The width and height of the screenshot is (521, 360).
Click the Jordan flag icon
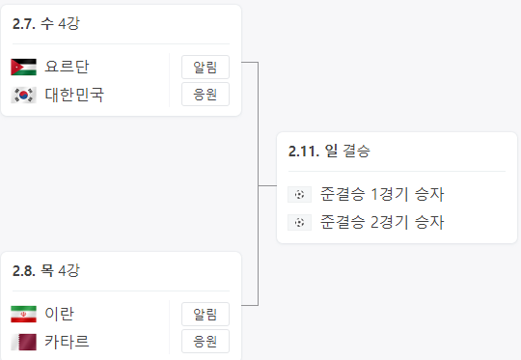[x=23, y=67]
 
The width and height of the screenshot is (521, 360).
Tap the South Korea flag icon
[x=23, y=95]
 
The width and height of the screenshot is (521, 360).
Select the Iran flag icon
[x=23, y=314]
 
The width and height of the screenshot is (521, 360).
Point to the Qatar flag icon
[x=23, y=342]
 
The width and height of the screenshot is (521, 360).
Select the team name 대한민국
[x=74, y=95]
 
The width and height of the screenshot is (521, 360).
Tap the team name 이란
[x=60, y=314]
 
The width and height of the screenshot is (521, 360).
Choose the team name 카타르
[x=68, y=342]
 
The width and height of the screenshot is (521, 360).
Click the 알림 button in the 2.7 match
[x=206, y=67]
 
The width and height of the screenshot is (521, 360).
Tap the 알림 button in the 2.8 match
[x=206, y=314]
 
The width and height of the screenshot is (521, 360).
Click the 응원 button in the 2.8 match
[x=206, y=342]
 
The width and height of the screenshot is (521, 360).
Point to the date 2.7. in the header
[x=23, y=21]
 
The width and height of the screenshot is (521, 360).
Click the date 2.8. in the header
[x=23, y=269]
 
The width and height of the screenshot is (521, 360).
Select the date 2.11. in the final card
[x=304, y=151]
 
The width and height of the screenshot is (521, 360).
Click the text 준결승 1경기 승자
[x=382, y=194]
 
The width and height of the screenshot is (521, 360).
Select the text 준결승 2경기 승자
[x=382, y=222]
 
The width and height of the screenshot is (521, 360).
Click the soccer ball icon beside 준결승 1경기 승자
[x=300, y=194]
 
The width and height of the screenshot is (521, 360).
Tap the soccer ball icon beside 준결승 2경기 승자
[x=300, y=222]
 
